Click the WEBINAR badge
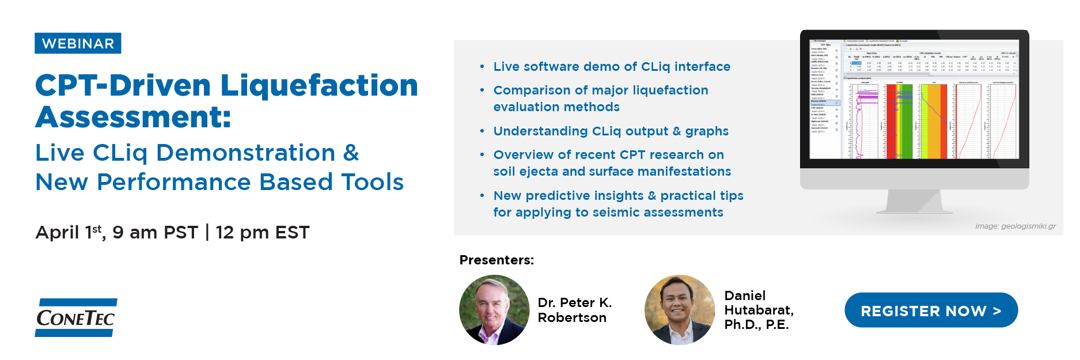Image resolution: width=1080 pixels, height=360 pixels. (x=78, y=44)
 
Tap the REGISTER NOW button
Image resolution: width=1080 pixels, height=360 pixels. (x=931, y=311)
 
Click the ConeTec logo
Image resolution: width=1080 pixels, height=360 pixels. (x=76, y=318)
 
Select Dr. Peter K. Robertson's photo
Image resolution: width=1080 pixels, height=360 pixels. (x=494, y=310)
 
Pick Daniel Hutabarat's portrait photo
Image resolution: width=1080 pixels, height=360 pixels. (x=680, y=310)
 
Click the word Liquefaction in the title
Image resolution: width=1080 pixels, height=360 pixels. (x=319, y=86)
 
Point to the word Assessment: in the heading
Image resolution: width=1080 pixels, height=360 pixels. (x=133, y=118)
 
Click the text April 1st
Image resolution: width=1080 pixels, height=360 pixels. (x=70, y=233)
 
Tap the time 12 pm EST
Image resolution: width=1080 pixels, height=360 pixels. (x=263, y=233)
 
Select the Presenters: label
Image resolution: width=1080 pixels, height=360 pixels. (x=497, y=260)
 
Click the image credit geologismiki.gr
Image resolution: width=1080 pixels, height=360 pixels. (x=1015, y=226)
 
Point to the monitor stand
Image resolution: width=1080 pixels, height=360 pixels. (x=915, y=202)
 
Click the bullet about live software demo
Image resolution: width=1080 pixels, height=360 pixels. (x=612, y=67)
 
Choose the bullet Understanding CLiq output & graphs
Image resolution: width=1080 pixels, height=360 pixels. (x=611, y=131)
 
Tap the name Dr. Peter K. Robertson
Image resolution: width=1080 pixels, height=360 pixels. (x=574, y=310)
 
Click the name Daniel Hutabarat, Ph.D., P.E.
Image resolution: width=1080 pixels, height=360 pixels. (x=759, y=310)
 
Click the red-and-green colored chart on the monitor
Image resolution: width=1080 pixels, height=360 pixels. (x=899, y=121)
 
